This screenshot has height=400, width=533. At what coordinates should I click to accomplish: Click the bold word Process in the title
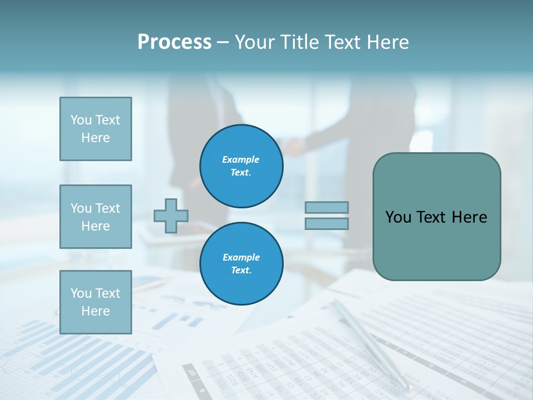click(x=174, y=42)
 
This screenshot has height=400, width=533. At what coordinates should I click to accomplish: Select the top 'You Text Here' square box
click(x=95, y=129)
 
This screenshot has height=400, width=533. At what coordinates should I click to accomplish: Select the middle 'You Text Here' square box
click(x=95, y=217)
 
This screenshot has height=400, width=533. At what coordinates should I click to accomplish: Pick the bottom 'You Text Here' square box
click(x=95, y=302)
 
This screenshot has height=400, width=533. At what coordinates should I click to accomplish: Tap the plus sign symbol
click(x=171, y=216)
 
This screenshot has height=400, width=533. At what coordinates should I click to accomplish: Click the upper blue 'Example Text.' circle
click(x=241, y=166)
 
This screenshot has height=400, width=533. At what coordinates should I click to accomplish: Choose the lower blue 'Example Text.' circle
click(x=241, y=263)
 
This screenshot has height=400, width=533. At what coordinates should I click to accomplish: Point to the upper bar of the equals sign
click(x=327, y=208)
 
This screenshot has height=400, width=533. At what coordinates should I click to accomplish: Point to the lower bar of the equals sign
click(x=327, y=223)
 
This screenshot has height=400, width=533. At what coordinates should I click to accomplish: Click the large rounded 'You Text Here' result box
click(x=436, y=217)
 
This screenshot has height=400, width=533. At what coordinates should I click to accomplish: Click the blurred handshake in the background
click(x=294, y=147)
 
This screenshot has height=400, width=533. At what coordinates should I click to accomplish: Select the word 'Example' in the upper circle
click(x=241, y=159)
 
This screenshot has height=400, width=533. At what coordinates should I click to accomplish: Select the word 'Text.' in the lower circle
click(x=241, y=270)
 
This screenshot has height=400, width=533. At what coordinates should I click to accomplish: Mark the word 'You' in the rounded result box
click(x=398, y=217)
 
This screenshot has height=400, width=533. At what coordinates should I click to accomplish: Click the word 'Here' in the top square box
click(x=95, y=138)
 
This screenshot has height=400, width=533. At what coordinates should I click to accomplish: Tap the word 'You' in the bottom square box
click(x=81, y=293)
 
